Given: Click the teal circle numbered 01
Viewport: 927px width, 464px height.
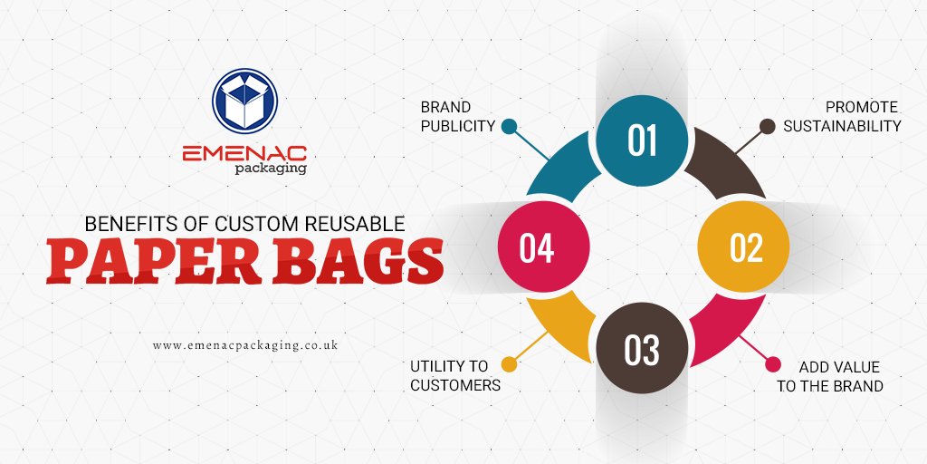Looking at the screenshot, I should (641, 141).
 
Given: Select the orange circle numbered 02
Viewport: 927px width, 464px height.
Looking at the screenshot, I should (745, 246).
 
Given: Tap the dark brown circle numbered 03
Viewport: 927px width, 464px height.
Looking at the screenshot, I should (641, 349).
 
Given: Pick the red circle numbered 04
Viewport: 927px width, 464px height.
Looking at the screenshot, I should (537, 247).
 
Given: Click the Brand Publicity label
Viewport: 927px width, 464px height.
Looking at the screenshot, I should (457, 116).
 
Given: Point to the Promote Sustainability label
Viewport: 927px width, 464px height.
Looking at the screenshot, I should (842, 116).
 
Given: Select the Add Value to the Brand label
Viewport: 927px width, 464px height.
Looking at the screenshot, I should (840, 376).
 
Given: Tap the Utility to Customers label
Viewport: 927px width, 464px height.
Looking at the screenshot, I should (449, 375).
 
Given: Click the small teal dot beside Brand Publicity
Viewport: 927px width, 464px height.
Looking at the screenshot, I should (509, 126).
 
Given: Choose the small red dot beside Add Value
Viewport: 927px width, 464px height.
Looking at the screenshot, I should (773, 364).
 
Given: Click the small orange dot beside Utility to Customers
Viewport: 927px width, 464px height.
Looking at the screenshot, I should (509, 365).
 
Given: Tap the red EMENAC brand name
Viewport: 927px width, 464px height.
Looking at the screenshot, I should (244, 153).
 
